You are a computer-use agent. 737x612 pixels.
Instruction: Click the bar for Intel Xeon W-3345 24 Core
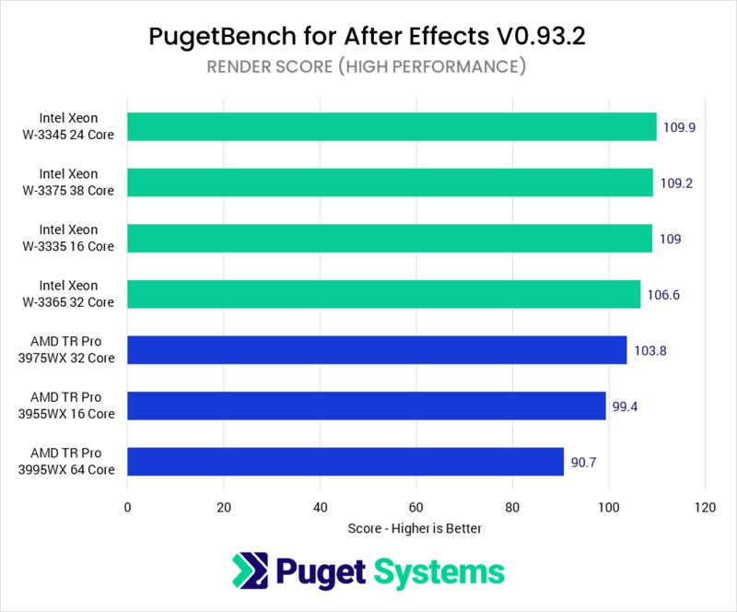click(392, 126)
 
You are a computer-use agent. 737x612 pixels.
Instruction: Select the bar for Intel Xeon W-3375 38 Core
click(390, 182)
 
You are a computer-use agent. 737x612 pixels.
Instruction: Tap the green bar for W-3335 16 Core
click(390, 239)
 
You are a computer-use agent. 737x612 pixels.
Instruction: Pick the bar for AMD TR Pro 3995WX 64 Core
click(345, 462)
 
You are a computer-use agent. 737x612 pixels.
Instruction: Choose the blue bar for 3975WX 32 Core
click(377, 350)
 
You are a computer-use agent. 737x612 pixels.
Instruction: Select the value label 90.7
click(584, 463)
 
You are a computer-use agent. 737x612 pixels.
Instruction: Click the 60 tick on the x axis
click(415, 506)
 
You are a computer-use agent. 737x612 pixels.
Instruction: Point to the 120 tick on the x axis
click(705, 506)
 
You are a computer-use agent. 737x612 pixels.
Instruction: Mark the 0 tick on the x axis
click(127, 506)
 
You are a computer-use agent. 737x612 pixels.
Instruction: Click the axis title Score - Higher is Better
click(415, 529)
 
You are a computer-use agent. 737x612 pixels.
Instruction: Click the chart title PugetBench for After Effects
click(368, 37)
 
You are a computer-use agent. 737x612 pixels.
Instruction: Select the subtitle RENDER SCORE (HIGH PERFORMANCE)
click(368, 66)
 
